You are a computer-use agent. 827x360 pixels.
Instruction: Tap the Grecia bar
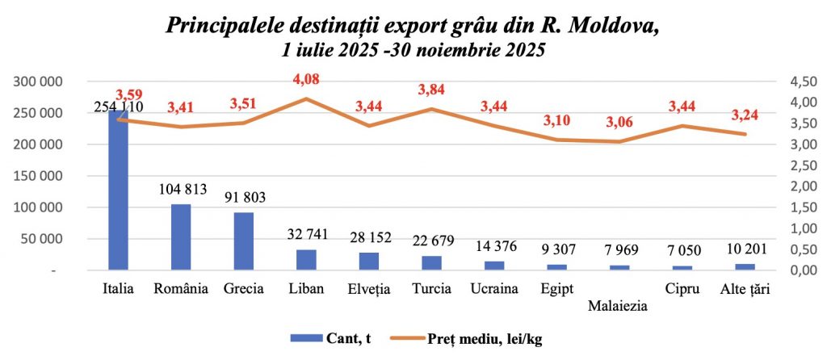[x=244, y=241]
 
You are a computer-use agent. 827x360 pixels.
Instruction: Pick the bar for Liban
[x=306, y=260]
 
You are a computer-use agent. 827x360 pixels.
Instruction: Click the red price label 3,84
[x=432, y=89]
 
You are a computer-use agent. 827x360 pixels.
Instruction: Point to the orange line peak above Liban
[x=306, y=98]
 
